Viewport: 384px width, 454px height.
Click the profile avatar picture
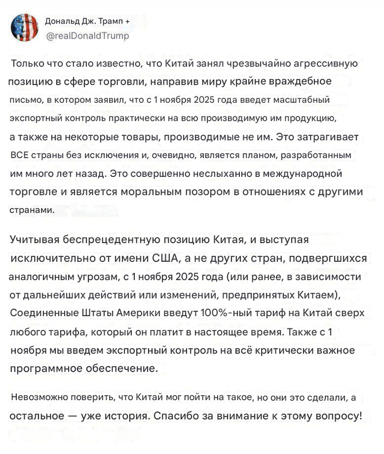tap(25, 28)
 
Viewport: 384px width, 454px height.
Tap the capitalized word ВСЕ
tap(20, 156)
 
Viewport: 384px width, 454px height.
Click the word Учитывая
tap(35, 239)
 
